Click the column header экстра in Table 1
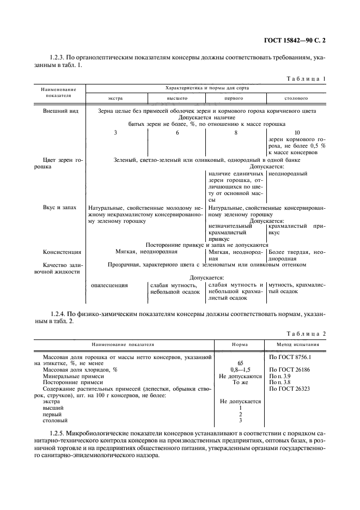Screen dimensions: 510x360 (x=115, y=99)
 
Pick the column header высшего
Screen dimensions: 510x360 (x=176, y=99)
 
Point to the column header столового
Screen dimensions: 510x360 (x=296, y=99)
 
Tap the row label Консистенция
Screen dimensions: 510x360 (x=62, y=252)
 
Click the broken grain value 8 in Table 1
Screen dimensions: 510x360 (x=236, y=132)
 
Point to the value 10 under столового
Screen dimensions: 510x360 (x=297, y=132)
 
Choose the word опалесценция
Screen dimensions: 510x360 (x=109, y=284)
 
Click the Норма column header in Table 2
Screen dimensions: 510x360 (x=240, y=345)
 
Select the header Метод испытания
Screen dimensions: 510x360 (x=297, y=345)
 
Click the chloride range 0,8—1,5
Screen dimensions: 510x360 (x=240, y=369)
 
